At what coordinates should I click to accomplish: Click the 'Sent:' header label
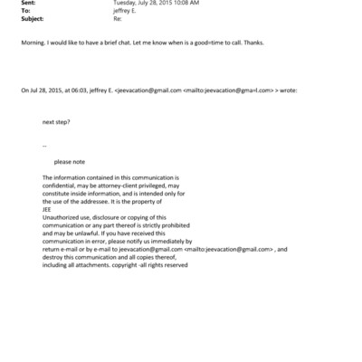(26, 4)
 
